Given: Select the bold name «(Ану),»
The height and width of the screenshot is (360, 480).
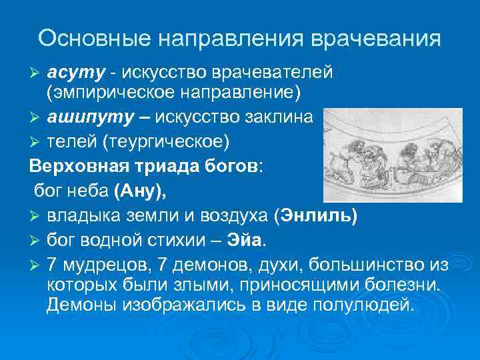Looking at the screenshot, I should (141, 191).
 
